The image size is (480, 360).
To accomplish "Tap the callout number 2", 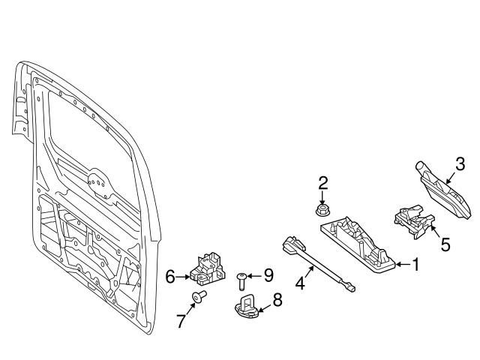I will [323, 182].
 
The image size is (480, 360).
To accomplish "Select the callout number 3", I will [460, 163].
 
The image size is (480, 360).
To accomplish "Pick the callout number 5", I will [445, 244].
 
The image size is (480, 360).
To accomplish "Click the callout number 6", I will [169, 277].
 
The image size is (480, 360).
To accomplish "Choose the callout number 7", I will [180, 322].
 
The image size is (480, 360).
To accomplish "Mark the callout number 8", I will [277, 300].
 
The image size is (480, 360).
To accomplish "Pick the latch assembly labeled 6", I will [208, 268].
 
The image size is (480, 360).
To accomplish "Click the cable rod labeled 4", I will [318, 262].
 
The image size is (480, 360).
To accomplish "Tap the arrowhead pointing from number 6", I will [187, 277].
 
